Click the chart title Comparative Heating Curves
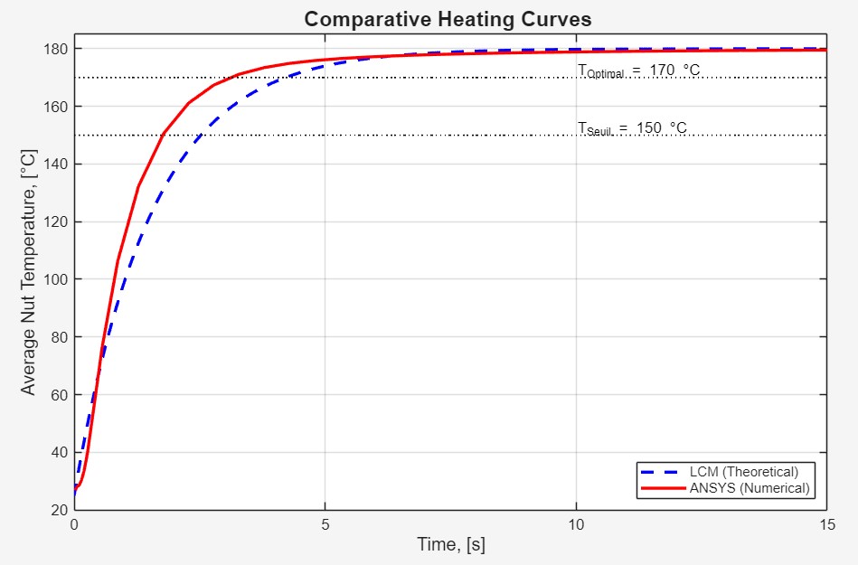tap(448, 19)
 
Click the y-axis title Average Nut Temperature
tap(29, 272)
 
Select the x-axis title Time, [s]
tap(450, 544)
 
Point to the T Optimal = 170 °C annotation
tap(638, 71)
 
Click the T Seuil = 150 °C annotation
tap(632, 128)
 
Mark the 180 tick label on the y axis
tap(55, 49)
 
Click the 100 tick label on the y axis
tap(55, 279)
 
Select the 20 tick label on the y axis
tap(59, 510)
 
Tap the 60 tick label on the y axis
tap(59, 395)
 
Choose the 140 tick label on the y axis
tap(55, 165)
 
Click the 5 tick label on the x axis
tap(325, 524)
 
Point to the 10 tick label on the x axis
tap(576, 524)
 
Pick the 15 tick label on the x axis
tap(825, 524)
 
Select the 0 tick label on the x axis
tap(75, 524)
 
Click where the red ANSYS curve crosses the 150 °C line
tap(162, 136)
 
